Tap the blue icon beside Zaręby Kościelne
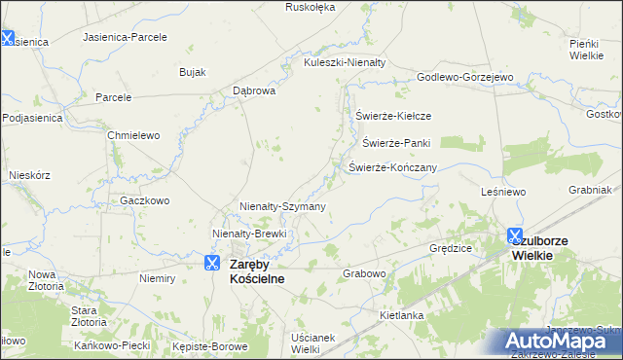tap(212, 263)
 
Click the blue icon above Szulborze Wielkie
tap(515, 235)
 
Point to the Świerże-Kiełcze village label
tap(393, 116)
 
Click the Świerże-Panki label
tap(396, 143)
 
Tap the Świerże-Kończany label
tap(392, 167)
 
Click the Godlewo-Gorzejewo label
tap(464, 77)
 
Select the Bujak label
tap(192, 72)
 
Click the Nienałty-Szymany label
tap(282, 206)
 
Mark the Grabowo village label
tap(365, 274)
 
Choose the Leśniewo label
tap(503, 193)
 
